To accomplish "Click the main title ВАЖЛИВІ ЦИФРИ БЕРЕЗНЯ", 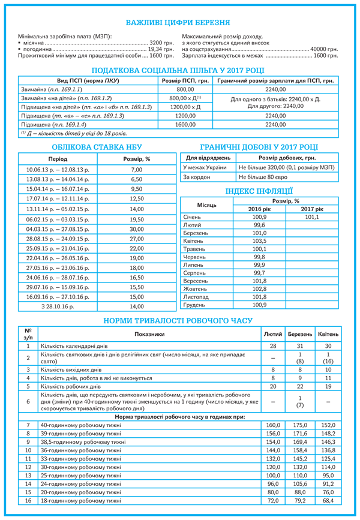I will (x=178, y=23).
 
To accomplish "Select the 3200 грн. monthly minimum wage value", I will (x=161, y=44).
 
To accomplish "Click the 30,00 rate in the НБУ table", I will (x=137, y=229).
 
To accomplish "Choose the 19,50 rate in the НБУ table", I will (x=137, y=219).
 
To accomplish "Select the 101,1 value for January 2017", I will (x=311, y=217).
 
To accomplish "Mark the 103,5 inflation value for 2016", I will (x=259, y=241).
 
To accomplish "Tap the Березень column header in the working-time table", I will (x=300, y=333).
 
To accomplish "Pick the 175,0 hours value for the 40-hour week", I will (x=300, y=425).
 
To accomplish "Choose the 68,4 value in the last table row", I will (x=328, y=500).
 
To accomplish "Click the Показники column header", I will (x=149, y=333).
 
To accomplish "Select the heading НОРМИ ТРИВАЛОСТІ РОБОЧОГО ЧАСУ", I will (x=178, y=321).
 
